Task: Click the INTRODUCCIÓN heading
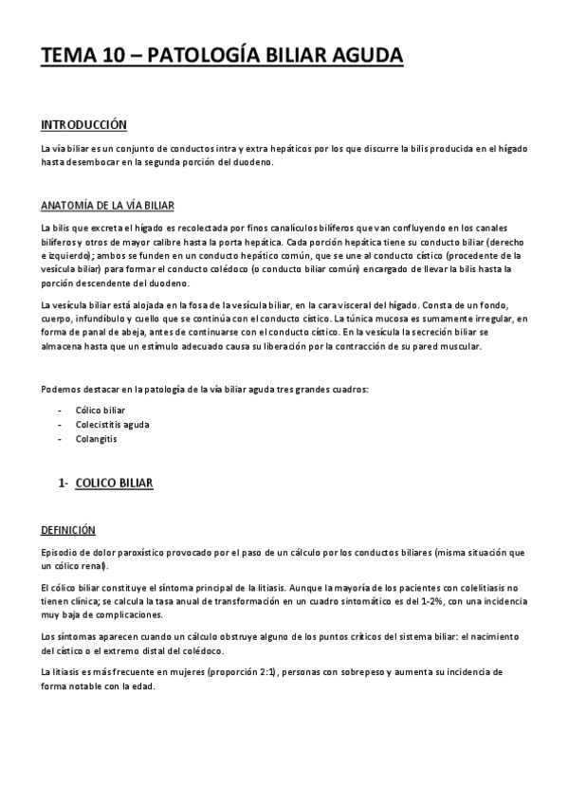(83, 124)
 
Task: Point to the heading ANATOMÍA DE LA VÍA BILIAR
(105, 205)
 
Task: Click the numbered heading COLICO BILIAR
(112, 484)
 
